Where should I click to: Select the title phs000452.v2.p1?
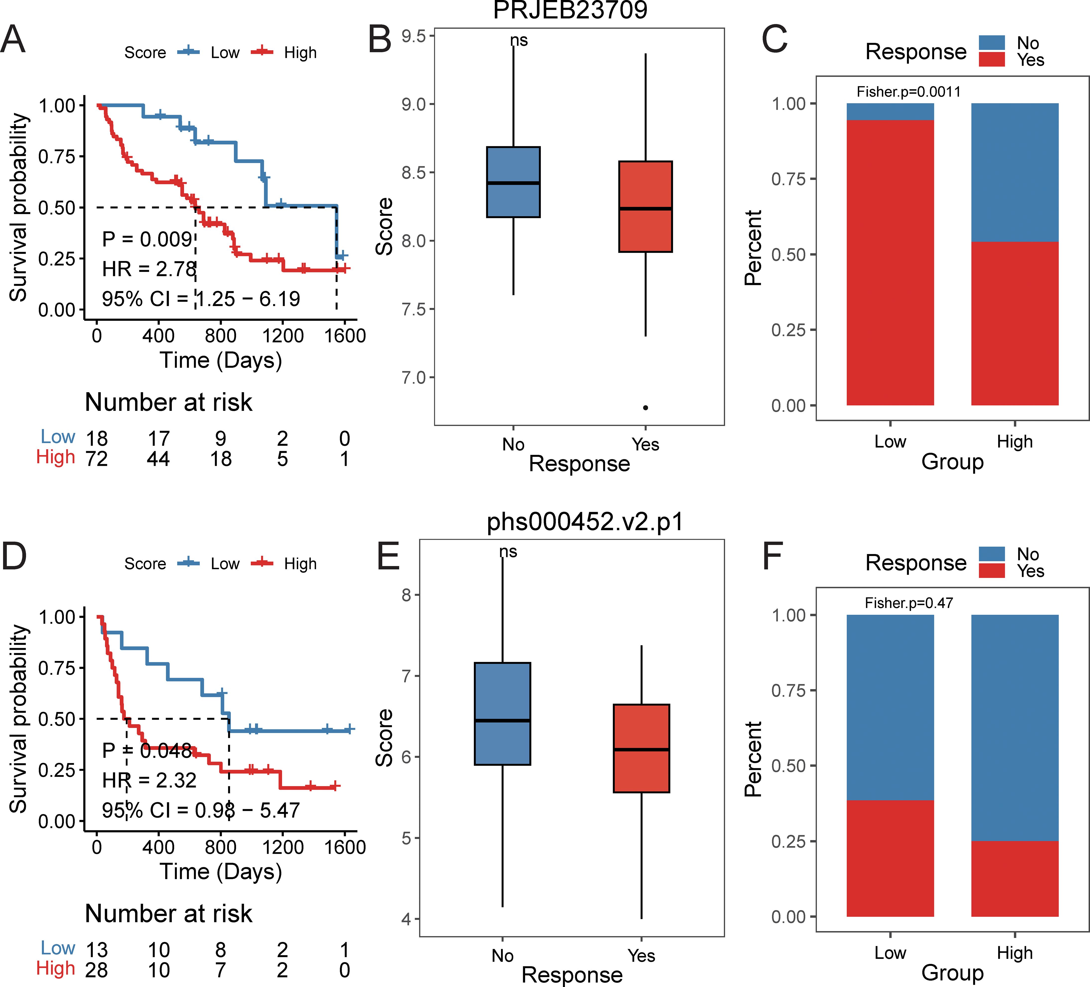pyautogui.click(x=585, y=522)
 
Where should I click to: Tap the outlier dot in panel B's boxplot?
pyautogui.click(x=645, y=408)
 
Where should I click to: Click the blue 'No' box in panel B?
pyautogui.click(x=513, y=182)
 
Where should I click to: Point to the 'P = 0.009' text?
pyautogui.click(x=147, y=239)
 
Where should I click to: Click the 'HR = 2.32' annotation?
pyautogui.click(x=149, y=780)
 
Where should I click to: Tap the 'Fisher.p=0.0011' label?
pyautogui.click(x=908, y=92)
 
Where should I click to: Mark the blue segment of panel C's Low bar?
pyautogui.click(x=890, y=111)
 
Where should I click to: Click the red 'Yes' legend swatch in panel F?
pyautogui.click(x=991, y=570)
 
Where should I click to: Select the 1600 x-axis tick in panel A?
pyautogui.click(x=345, y=336)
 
